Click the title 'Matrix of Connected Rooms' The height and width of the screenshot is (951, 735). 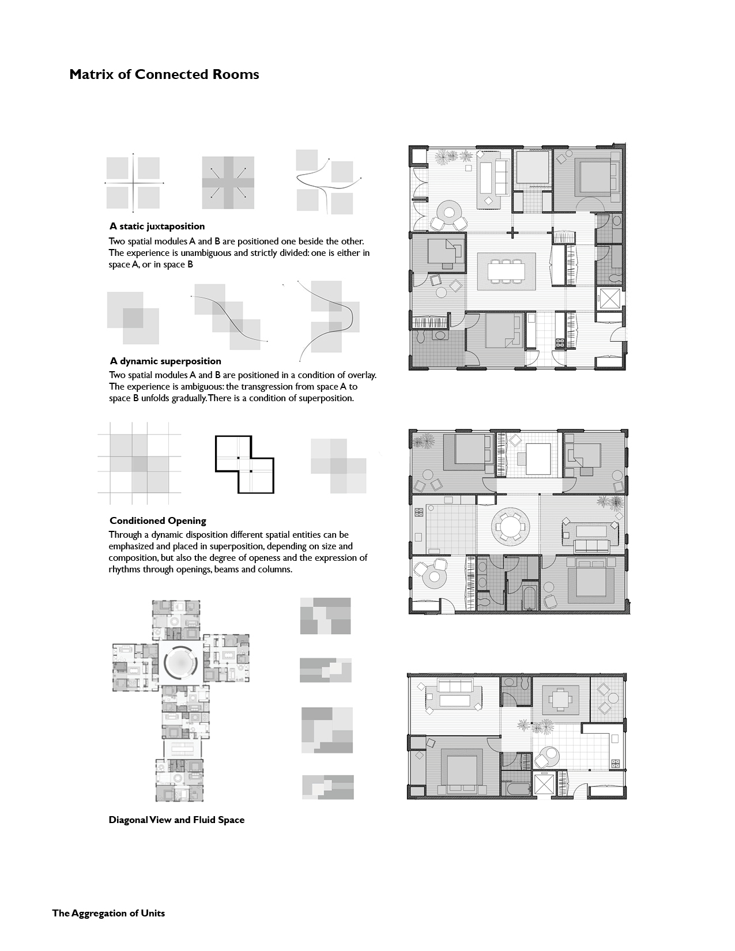click(164, 74)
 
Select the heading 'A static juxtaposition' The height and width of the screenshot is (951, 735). click(157, 227)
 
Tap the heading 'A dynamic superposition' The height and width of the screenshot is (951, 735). click(165, 361)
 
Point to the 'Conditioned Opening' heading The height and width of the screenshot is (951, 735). click(157, 521)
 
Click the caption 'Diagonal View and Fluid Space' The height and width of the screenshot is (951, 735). click(176, 820)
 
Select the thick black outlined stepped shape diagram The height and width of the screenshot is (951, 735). click(244, 465)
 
